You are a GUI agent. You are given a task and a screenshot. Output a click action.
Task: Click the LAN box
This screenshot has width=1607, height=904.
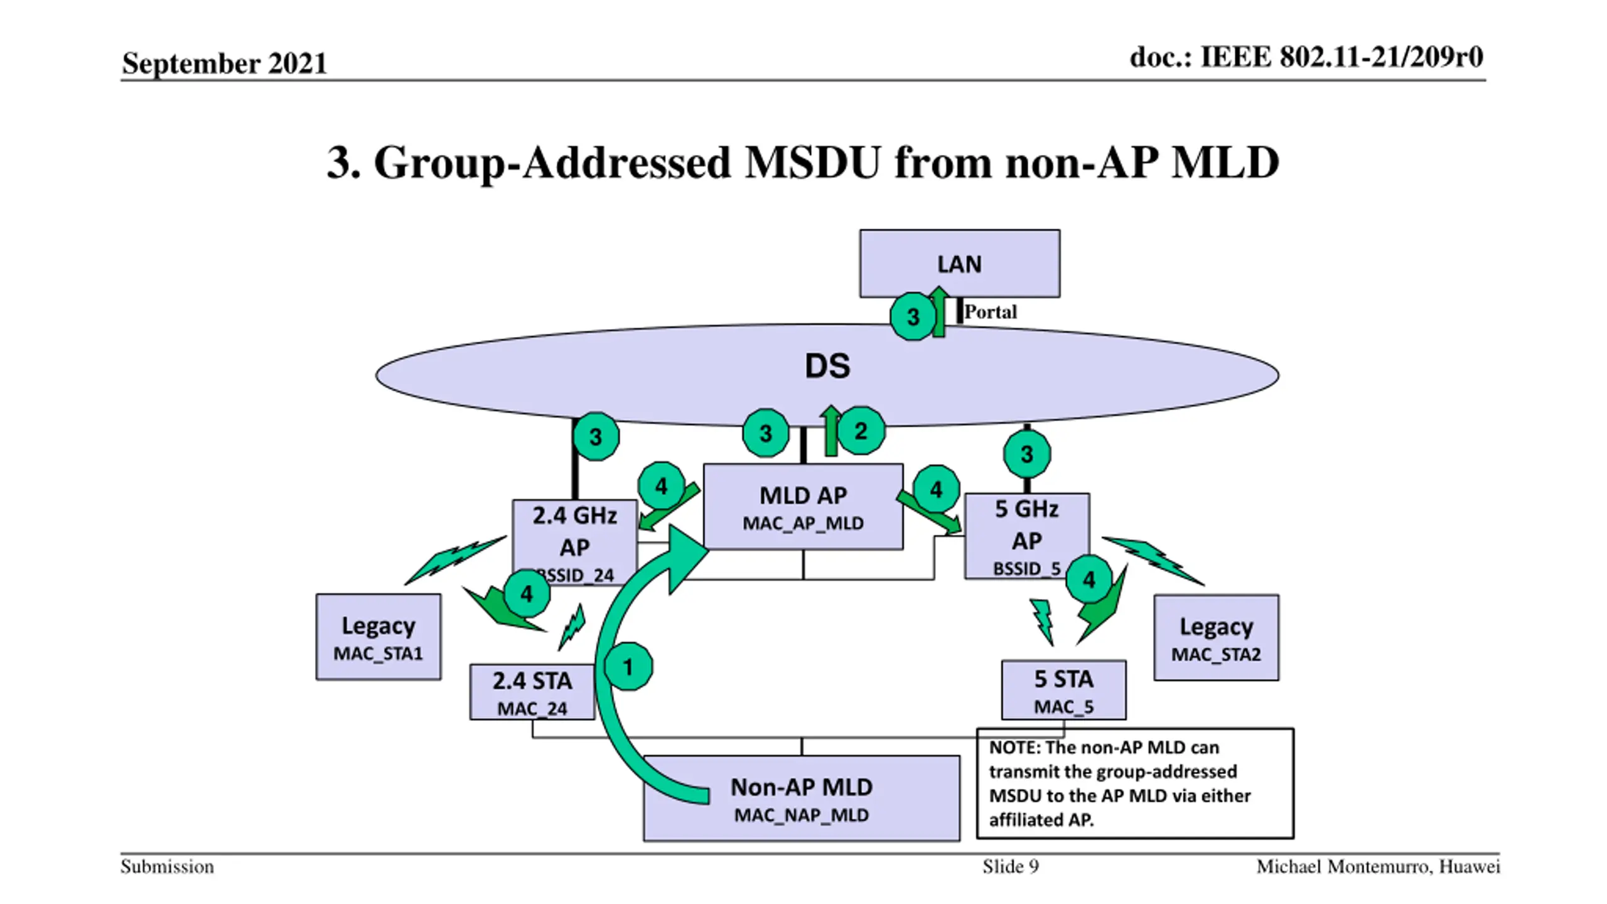(x=959, y=263)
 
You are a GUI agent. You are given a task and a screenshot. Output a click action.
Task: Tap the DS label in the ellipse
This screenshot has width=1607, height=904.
(x=827, y=366)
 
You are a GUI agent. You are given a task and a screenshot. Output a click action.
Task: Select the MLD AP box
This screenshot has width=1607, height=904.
(x=803, y=507)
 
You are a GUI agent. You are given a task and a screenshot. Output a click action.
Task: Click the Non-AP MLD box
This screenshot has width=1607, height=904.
(x=802, y=798)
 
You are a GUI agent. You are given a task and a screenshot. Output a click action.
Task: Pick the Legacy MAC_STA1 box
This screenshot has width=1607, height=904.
(x=378, y=637)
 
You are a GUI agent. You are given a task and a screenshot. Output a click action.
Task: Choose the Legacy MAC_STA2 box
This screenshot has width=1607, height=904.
(x=1216, y=637)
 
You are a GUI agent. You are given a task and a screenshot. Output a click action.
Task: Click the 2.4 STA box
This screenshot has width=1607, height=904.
(x=532, y=692)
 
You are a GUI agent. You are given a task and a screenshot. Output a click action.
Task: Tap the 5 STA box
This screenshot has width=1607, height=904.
(x=1063, y=689)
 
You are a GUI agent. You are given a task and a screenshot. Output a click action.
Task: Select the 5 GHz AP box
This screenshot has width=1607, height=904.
(x=1026, y=536)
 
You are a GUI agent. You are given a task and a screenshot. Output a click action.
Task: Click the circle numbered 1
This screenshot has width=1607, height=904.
(x=628, y=667)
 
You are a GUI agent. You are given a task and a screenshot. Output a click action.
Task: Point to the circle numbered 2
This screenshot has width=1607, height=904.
(x=861, y=431)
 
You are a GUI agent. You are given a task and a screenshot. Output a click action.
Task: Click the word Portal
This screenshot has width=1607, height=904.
(x=990, y=311)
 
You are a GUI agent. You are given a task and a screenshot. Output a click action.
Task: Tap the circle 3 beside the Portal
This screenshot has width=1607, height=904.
(x=913, y=316)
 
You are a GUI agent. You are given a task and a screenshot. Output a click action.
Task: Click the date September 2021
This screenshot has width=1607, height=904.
(x=224, y=63)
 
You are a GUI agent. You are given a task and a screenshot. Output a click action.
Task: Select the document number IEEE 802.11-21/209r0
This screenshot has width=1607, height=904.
(x=1341, y=57)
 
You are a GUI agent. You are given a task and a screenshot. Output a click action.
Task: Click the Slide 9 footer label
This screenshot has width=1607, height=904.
(x=1011, y=867)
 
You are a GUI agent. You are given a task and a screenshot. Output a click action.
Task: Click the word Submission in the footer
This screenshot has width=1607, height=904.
(x=167, y=867)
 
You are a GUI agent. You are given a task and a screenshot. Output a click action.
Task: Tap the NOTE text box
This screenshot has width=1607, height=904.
(x=1135, y=783)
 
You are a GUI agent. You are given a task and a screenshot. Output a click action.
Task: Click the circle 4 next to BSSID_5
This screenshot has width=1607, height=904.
(x=1089, y=579)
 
